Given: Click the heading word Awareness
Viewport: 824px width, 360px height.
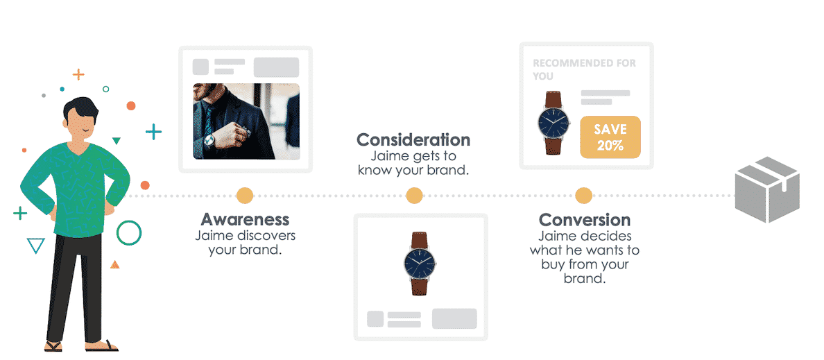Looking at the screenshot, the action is pos(245,218).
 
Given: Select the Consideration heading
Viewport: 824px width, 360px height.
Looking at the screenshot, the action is pos(413,140).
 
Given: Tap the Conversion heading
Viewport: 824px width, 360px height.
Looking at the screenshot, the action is pos(585,219).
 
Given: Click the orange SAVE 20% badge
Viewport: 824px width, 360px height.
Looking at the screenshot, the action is pos(610,137).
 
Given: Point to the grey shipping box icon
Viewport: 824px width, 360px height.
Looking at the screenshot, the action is pos(766,189).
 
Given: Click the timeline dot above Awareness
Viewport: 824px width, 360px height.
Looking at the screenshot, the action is pos(245,196).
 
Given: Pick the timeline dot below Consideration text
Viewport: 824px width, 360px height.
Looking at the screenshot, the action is pos(414,196).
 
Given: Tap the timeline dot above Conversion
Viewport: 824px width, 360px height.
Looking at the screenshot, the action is pos(583,196).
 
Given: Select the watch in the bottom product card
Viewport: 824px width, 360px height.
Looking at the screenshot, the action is pos(420,263).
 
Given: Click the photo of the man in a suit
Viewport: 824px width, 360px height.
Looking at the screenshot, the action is pos(246,121).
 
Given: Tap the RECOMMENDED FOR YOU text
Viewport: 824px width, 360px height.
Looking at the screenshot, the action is pos(584,69).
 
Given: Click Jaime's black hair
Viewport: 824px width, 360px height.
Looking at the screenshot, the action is pos(80,109).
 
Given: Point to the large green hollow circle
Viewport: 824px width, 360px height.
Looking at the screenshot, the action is pos(129,233).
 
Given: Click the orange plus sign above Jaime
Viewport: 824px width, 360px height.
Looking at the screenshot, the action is pos(78,75).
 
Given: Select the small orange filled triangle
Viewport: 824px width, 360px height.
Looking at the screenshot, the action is pos(114,265).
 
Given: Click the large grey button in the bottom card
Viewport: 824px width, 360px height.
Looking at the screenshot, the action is pos(454,318).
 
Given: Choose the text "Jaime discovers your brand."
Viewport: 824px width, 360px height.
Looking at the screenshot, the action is pos(245,242).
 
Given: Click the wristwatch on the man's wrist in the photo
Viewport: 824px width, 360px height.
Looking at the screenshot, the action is pos(209,140).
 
